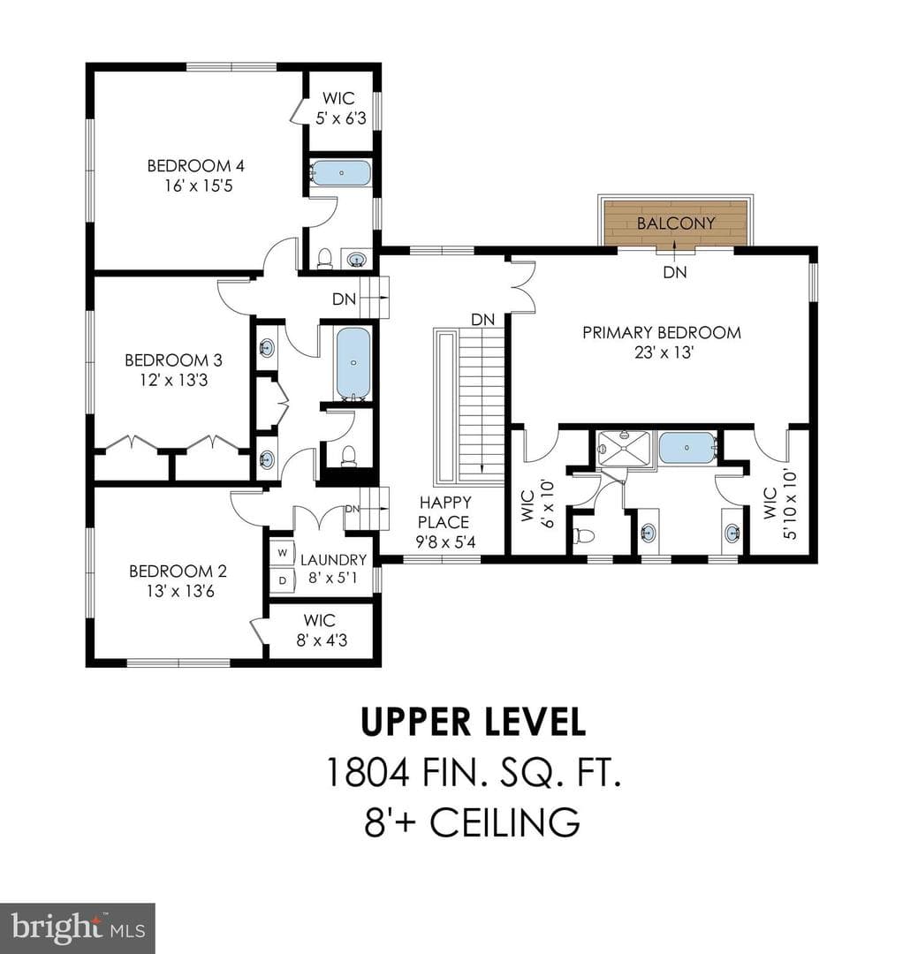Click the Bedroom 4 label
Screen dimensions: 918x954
pyautogui.click(x=196, y=165)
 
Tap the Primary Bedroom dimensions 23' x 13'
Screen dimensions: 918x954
pyautogui.click(x=664, y=352)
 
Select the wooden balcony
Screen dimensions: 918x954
pyautogui.click(x=676, y=223)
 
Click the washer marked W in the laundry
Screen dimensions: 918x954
pyautogui.click(x=283, y=552)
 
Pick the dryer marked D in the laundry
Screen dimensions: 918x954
pyautogui.click(x=283, y=580)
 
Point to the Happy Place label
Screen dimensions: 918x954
pyautogui.click(x=444, y=512)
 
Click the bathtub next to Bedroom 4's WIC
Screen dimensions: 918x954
pyautogui.click(x=341, y=173)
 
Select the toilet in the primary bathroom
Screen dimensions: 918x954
pyautogui.click(x=584, y=535)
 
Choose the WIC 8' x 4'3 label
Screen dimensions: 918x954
pyautogui.click(x=321, y=630)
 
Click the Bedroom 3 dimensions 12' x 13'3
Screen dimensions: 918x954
pyautogui.click(x=173, y=380)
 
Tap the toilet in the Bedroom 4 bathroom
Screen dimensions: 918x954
pyautogui.click(x=324, y=258)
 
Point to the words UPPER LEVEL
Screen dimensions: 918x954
pyautogui.click(x=473, y=722)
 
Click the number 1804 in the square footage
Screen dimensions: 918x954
pyautogui.click(x=368, y=772)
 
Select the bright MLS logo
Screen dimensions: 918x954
pyautogui.click(x=78, y=928)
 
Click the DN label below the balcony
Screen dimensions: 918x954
pyautogui.click(x=675, y=273)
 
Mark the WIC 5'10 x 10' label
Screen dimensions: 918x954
pyautogui.click(x=780, y=503)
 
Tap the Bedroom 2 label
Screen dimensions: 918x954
pyautogui.click(x=178, y=571)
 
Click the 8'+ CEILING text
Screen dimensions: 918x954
pyautogui.click(x=472, y=822)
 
